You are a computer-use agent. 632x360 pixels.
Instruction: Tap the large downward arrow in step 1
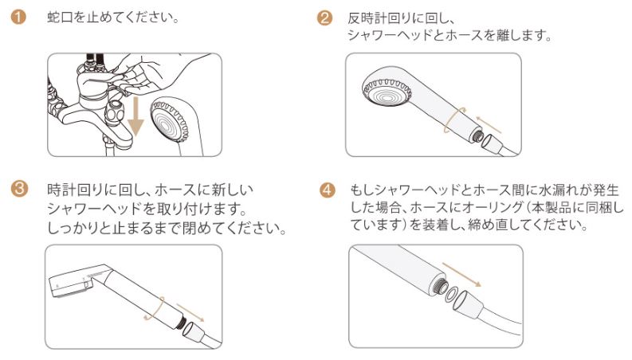[135, 116]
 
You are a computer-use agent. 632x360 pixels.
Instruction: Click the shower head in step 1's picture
[173, 124]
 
